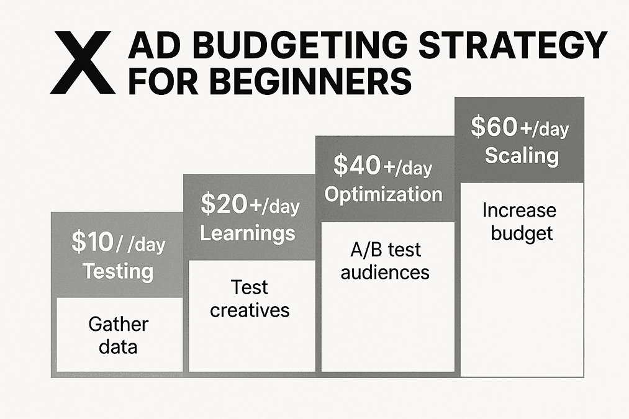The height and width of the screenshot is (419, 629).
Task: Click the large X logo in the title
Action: pos(83,63)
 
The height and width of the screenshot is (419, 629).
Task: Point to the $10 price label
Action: pos(93,241)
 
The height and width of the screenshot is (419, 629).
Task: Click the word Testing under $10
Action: pos(118,271)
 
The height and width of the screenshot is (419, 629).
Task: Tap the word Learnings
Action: pos(248,233)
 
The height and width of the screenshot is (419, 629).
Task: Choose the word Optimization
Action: pos(384,194)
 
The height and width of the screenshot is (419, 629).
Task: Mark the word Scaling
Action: pos(522,156)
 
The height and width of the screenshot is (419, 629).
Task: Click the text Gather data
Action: pos(119,335)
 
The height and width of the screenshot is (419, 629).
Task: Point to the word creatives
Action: pos(250,310)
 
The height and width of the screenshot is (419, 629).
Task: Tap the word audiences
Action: pos(385,273)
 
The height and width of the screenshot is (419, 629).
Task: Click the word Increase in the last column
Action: pos(519,210)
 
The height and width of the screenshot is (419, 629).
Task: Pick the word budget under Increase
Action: pos(522,233)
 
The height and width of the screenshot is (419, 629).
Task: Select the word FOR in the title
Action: pos(163,81)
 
